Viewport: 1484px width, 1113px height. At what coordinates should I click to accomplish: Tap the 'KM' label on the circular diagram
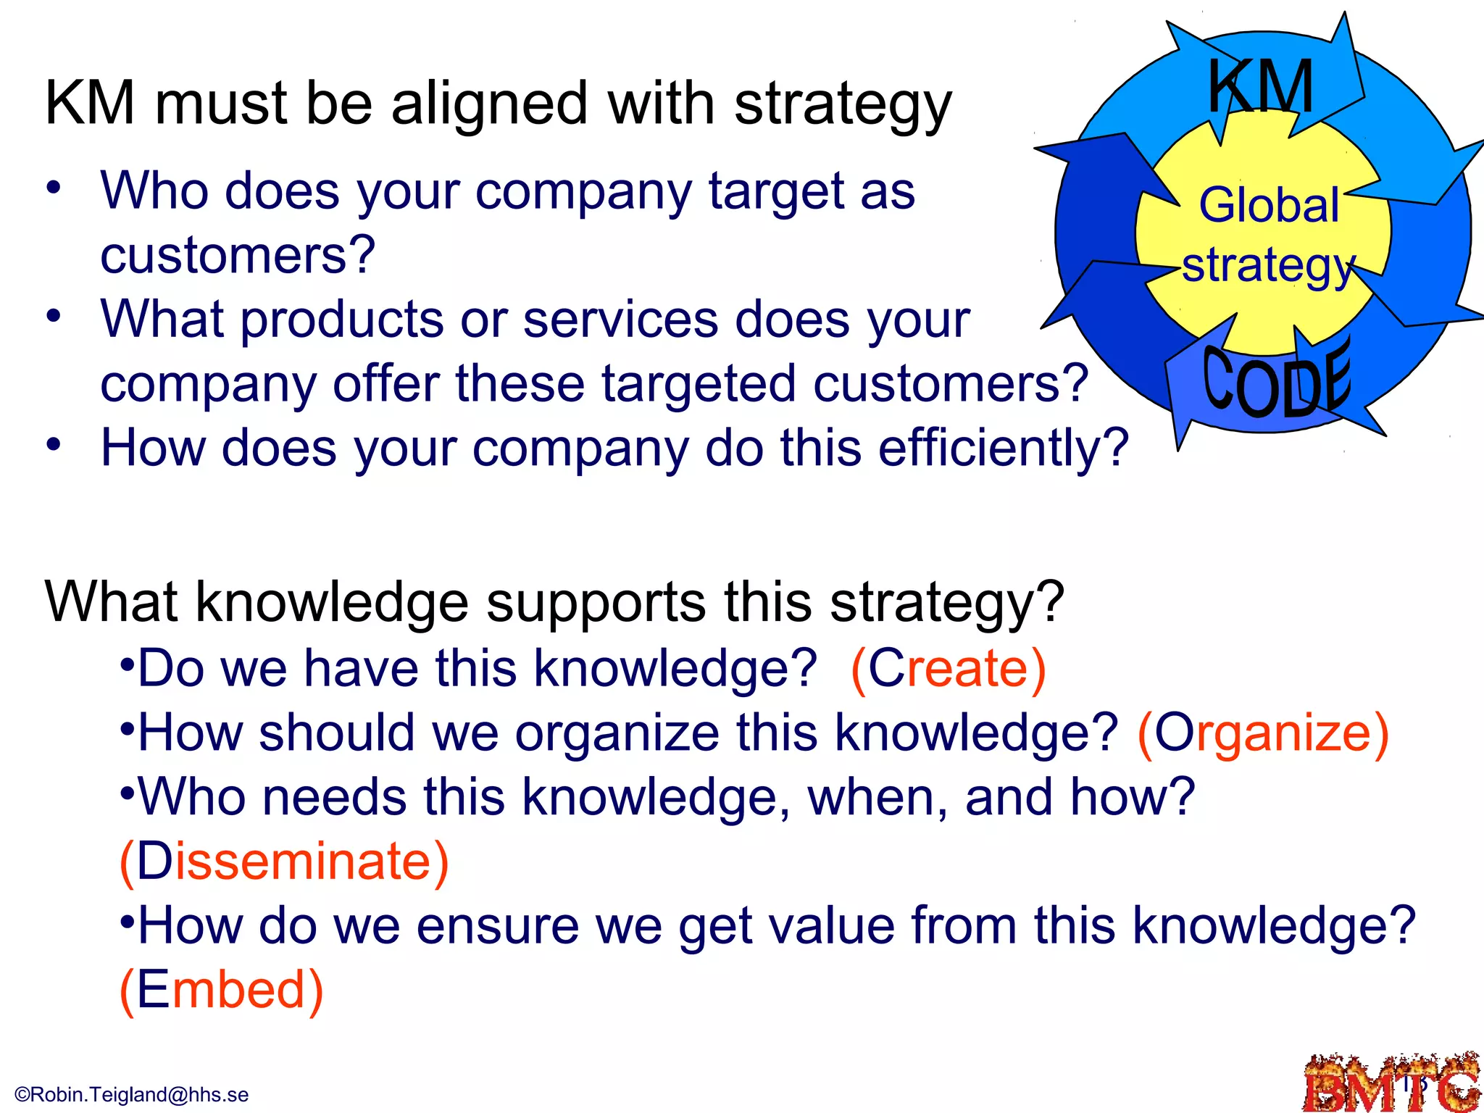click(x=1260, y=87)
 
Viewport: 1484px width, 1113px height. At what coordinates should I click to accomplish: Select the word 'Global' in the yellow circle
click(x=1269, y=205)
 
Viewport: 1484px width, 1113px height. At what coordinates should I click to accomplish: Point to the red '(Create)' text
click(x=949, y=668)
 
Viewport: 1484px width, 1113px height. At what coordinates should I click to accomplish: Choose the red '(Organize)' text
click(x=1263, y=733)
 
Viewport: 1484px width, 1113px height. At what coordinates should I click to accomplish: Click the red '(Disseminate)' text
click(x=284, y=862)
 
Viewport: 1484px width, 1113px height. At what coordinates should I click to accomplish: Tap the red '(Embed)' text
click(x=221, y=991)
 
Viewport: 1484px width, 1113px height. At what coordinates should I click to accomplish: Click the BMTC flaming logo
click(x=1391, y=1083)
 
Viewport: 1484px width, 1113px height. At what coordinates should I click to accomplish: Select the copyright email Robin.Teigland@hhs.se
click(x=132, y=1094)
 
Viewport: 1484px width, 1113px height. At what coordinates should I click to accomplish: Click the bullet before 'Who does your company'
click(x=53, y=188)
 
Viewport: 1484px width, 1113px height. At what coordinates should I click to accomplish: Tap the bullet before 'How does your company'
click(x=53, y=444)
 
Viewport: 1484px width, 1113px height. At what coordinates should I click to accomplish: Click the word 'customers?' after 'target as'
click(x=238, y=255)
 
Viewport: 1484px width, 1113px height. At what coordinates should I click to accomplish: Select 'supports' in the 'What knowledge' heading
click(x=596, y=602)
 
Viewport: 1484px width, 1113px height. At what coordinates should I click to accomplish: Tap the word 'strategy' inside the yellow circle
click(x=1267, y=265)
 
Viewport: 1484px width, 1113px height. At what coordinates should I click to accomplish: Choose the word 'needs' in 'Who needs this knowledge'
click(x=334, y=797)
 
